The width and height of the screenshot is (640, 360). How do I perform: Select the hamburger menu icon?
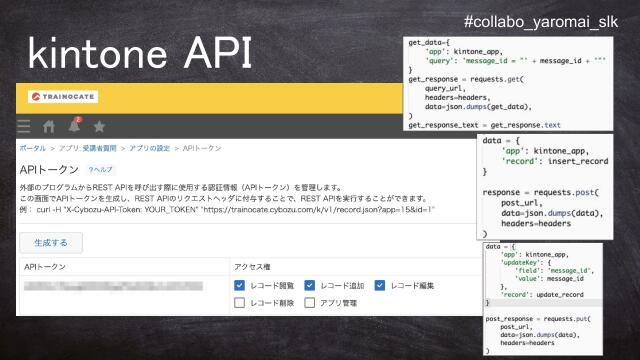pos(23,126)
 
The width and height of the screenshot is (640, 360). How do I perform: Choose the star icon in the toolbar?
pos(99,126)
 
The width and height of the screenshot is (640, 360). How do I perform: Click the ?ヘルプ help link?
pos(100,171)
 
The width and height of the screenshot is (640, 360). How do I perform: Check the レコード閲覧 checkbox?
pos(239,285)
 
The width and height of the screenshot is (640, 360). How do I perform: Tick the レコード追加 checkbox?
pos(310,285)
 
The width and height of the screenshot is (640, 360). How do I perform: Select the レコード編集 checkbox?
pos(380,285)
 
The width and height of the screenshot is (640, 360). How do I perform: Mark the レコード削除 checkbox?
pos(239,302)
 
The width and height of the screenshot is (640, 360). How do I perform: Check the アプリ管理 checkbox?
pos(310,302)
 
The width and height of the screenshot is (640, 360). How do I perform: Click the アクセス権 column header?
pos(253,267)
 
